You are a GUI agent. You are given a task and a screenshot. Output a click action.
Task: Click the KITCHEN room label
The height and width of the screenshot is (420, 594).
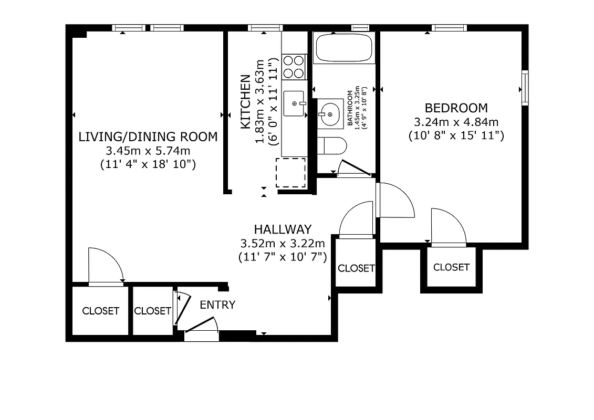click(x=245, y=102)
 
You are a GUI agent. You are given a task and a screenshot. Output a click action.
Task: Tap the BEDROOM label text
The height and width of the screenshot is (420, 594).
click(x=456, y=108)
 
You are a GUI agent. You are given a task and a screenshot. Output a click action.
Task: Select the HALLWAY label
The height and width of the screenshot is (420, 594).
click(x=283, y=229)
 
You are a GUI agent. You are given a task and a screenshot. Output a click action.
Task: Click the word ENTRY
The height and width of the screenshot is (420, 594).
click(x=217, y=305)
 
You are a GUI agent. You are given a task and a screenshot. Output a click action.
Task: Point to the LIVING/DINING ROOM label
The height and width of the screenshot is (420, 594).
click(x=148, y=137)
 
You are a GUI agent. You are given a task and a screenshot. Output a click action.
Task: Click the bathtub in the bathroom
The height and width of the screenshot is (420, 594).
click(x=344, y=48)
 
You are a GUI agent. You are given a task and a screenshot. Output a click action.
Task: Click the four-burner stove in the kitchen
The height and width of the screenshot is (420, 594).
click(x=294, y=67)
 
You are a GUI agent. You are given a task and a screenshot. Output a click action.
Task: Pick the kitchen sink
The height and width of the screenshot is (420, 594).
click(x=294, y=103)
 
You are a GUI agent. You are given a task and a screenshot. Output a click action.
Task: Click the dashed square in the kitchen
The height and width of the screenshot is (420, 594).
click(x=290, y=172)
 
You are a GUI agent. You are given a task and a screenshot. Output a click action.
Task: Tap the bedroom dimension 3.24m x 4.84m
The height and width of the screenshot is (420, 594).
click(x=456, y=122)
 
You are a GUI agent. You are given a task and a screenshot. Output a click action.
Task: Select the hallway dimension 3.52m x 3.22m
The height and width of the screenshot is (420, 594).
click(x=283, y=244)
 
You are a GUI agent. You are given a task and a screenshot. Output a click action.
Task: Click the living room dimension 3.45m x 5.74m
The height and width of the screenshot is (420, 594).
click(x=148, y=151)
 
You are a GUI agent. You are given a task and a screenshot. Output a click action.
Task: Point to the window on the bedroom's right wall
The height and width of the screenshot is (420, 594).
click(x=525, y=87)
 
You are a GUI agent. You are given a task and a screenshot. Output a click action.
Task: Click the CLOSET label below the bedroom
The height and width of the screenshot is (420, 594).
click(x=451, y=267)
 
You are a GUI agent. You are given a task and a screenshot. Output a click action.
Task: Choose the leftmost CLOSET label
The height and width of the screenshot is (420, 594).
click(x=100, y=311)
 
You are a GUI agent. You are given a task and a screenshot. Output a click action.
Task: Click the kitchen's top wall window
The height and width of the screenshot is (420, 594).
click(x=265, y=28)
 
